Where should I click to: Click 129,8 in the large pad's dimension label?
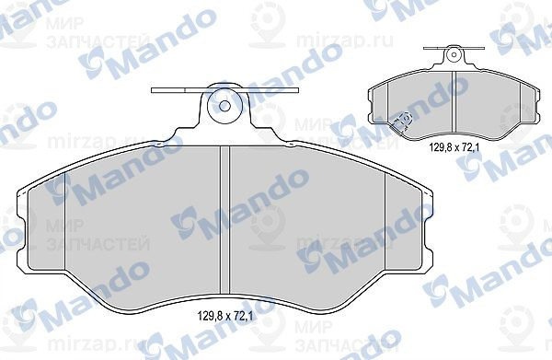(211, 318)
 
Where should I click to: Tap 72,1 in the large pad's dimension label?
(243, 318)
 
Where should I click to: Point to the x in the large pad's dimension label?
(227, 318)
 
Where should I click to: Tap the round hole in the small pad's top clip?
(453, 55)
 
